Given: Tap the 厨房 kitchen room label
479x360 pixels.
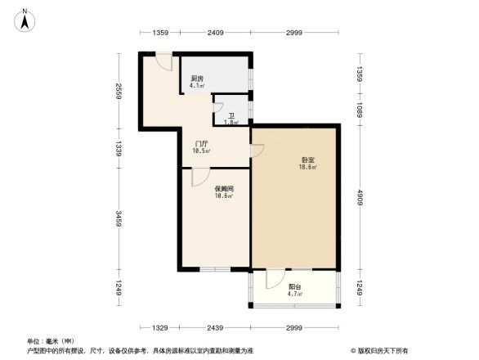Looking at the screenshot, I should click(197, 82).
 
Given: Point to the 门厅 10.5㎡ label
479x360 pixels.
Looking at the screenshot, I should click(202, 146).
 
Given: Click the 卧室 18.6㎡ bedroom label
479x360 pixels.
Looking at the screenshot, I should click(307, 163).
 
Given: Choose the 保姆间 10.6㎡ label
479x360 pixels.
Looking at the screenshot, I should click(223, 191).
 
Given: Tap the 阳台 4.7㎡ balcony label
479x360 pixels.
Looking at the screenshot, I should click(295, 290).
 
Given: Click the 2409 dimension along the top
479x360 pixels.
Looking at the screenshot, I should click(215, 33).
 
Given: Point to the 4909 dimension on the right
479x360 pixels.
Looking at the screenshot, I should click(360, 199).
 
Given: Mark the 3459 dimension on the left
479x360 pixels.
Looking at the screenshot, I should click(119, 219).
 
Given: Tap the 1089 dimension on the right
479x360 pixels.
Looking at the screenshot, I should click(360, 109).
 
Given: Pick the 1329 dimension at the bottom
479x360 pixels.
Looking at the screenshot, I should click(160, 327).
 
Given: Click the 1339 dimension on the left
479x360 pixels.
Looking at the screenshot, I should click(119, 147).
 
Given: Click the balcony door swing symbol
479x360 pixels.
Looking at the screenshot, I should click(273, 280).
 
